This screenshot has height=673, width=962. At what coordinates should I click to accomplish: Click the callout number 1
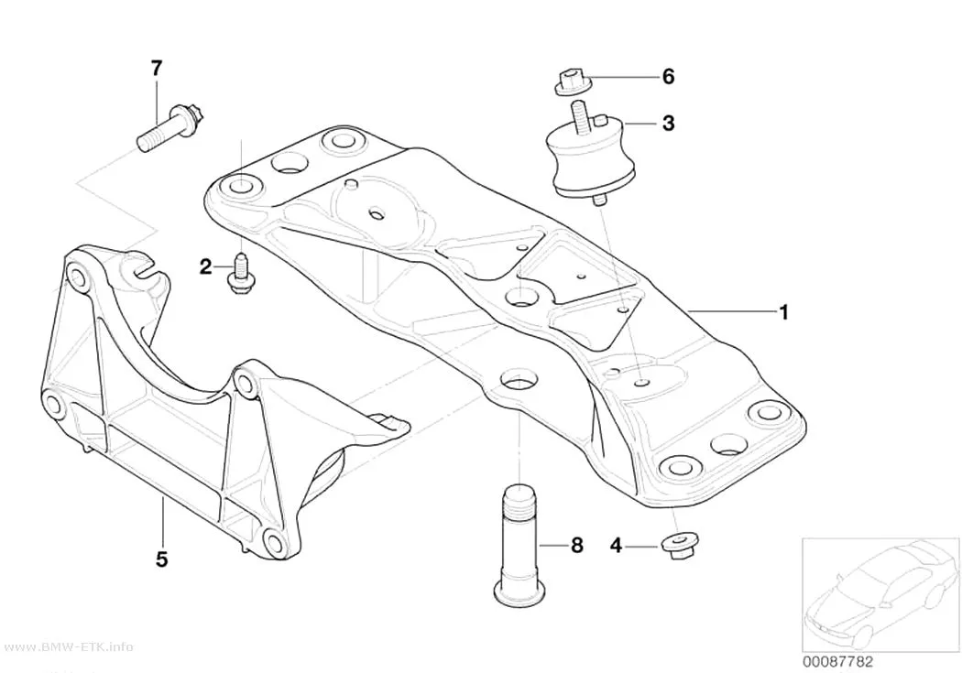click(782, 312)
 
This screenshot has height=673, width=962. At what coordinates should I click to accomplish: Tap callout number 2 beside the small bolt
click(205, 266)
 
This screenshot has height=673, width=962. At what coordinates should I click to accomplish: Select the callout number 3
click(668, 124)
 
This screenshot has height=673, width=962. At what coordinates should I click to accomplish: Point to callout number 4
click(616, 545)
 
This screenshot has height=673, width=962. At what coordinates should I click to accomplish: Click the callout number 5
click(161, 559)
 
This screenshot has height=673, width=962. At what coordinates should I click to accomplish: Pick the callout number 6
click(668, 77)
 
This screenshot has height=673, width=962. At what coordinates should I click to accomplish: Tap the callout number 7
click(157, 68)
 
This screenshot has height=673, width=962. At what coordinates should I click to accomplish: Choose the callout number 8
click(576, 545)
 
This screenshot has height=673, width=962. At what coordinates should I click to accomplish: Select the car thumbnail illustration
click(881, 594)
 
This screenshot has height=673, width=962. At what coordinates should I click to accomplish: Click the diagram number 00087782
click(837, 662)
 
